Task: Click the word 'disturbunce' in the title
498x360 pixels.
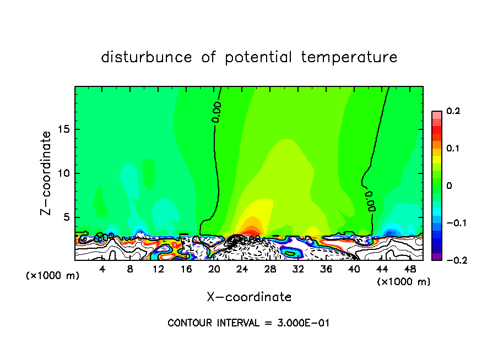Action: click(x=147, y=57)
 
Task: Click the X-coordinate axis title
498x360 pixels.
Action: click(x=249, y=297)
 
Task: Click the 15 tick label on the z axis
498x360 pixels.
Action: click(x=63, y=129)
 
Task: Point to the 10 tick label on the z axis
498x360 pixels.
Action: click(x=63, y=173)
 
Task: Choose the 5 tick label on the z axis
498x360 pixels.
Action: click(x=66, y=217)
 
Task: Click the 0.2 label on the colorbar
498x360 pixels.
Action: click(x=453, y=111)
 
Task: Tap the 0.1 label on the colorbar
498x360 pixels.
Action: click(x=453, y=149)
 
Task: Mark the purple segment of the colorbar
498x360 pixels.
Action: click(x=437, y=257)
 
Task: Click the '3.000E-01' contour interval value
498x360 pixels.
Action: click(x=304, y=323)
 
